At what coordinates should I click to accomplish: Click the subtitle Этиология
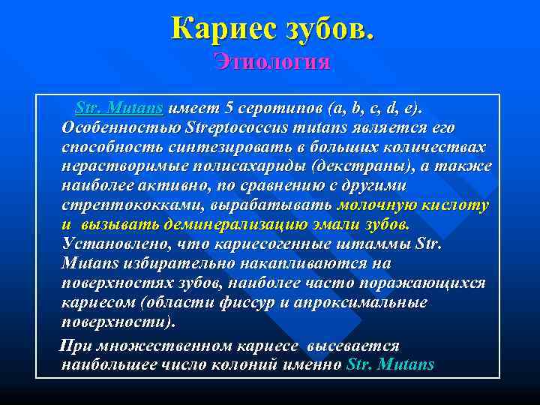271,61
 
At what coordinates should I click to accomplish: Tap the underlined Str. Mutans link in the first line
119,107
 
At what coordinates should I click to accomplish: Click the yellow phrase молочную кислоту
413,205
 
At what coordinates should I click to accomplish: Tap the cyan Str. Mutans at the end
391,365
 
